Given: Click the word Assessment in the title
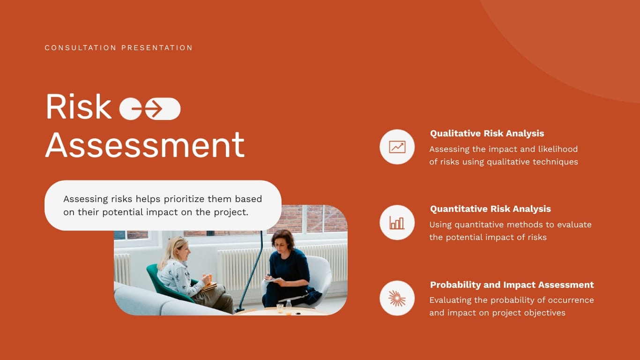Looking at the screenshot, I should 145,145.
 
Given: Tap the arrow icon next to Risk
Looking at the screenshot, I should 153,109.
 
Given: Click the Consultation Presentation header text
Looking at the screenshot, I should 119,48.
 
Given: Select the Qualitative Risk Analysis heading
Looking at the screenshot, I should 487,134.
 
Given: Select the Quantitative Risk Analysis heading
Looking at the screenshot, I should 490,209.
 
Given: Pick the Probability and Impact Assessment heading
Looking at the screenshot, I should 512,285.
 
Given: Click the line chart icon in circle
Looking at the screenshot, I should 397,147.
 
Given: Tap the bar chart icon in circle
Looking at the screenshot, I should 397,223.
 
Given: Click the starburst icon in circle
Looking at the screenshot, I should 397,298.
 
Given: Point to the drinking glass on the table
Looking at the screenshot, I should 280,308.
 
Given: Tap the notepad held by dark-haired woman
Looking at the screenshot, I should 272,280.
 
